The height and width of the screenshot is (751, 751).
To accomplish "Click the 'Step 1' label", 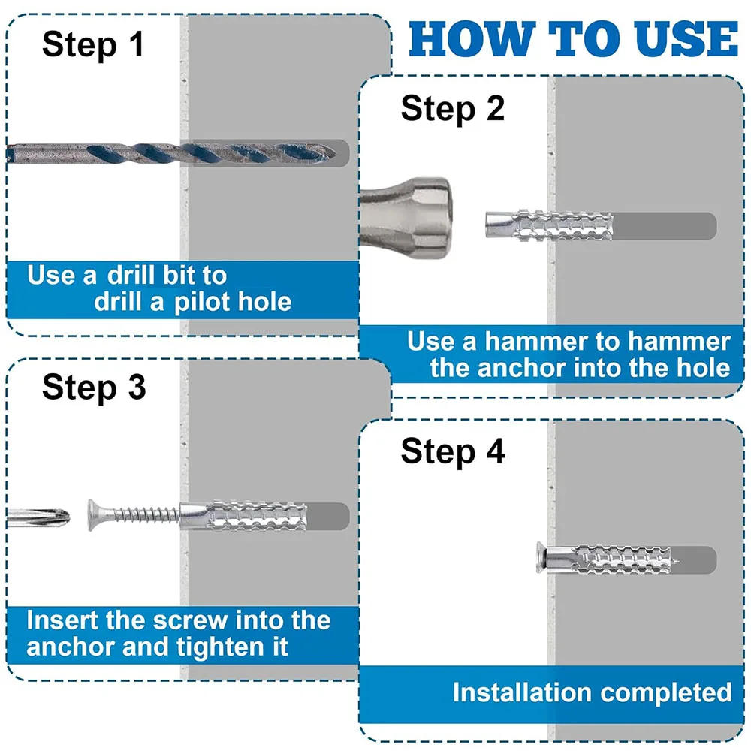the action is click(93, 45).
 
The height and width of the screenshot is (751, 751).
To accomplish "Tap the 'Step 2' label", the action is click(453, 109).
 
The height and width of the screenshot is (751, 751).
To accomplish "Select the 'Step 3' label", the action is click(94, 388).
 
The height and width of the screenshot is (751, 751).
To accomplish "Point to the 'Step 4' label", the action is click(453, 451).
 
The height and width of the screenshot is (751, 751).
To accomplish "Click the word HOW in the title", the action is click(472, 39).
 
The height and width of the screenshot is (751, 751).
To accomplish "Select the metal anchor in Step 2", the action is click(549, 225).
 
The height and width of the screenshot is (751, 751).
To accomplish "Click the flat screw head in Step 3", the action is click(92, 515).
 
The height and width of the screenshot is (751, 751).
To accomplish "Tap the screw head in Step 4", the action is click(541, 558).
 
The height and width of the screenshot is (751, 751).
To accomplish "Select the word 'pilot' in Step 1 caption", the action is click(203, 302).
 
